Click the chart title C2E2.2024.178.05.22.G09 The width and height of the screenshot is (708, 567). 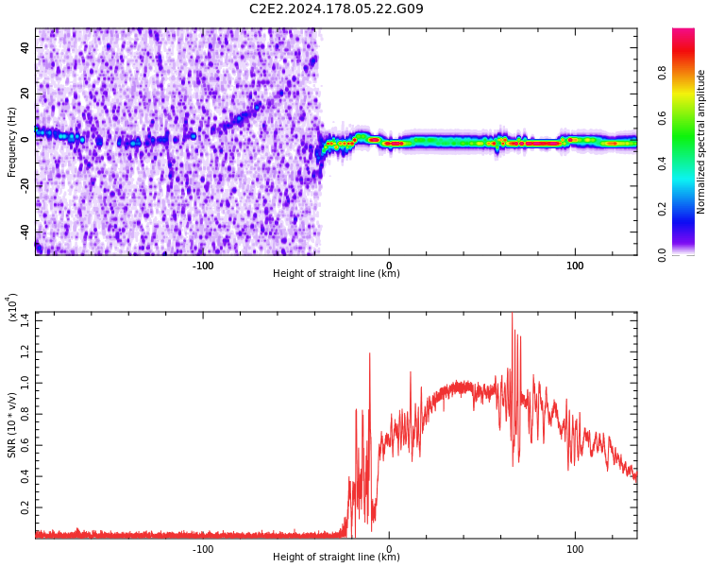coord(336,9)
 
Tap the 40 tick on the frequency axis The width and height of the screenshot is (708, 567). coord(25,44)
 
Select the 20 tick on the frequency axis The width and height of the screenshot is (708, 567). coord(25,91)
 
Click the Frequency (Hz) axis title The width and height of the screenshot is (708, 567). coord(12,142)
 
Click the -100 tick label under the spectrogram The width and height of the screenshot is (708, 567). coord(202,265)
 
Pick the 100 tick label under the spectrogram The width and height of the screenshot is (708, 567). coord(575,265)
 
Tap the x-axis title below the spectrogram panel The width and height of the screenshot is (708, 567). coord(336,274)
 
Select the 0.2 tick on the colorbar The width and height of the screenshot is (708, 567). coord(688,209)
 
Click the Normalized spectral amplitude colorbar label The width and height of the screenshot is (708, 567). coord(701,142)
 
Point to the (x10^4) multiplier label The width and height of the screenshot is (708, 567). coord(12,307)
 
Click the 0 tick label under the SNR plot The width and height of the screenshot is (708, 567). coord(389,548)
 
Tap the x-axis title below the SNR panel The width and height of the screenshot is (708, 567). coord(336,558)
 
